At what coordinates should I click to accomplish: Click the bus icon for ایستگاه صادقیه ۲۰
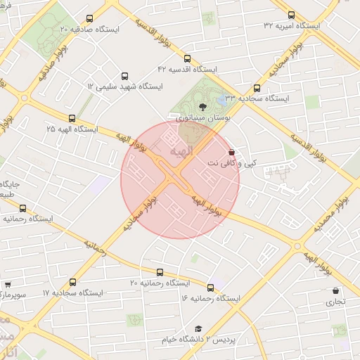89,19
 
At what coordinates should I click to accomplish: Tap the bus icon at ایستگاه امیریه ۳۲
291,15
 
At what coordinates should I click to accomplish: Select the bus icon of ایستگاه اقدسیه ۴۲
187,58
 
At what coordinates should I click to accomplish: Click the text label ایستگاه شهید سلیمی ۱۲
124,86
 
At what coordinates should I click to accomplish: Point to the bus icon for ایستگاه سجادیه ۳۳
257,89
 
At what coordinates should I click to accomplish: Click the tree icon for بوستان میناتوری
203,106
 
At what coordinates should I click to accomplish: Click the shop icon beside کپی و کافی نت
232,152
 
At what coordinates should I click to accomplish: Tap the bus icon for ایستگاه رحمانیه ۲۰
160,272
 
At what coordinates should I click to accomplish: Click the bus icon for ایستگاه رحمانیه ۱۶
210,288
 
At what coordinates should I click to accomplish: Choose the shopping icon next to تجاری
335,290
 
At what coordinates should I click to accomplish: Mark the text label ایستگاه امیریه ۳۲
292,25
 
